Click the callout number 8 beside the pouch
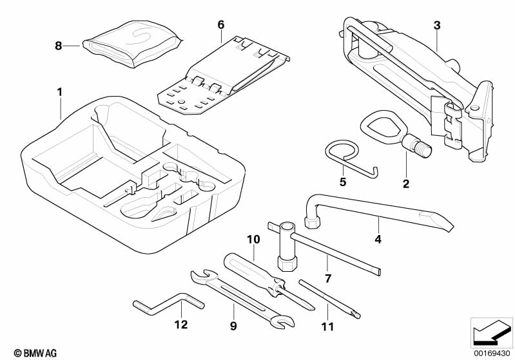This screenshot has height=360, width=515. click(59, 46)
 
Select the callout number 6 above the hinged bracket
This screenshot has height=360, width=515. click(220, 25)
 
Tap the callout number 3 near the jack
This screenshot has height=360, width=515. click(437, 25)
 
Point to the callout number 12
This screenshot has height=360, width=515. click(181, 325)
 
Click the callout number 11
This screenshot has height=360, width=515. click(327, 327)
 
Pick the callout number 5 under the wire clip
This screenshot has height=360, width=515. click(343, 182)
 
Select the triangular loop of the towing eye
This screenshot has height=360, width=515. click(381, 124)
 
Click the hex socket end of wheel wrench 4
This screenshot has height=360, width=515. click(312, 222)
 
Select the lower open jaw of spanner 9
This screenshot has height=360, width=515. click(282, 321)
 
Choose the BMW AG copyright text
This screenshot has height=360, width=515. click(35, 353)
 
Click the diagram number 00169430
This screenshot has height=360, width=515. click(492, 353)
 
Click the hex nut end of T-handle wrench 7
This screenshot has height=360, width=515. click(287, 263)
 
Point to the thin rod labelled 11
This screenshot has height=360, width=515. click(329, 299)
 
